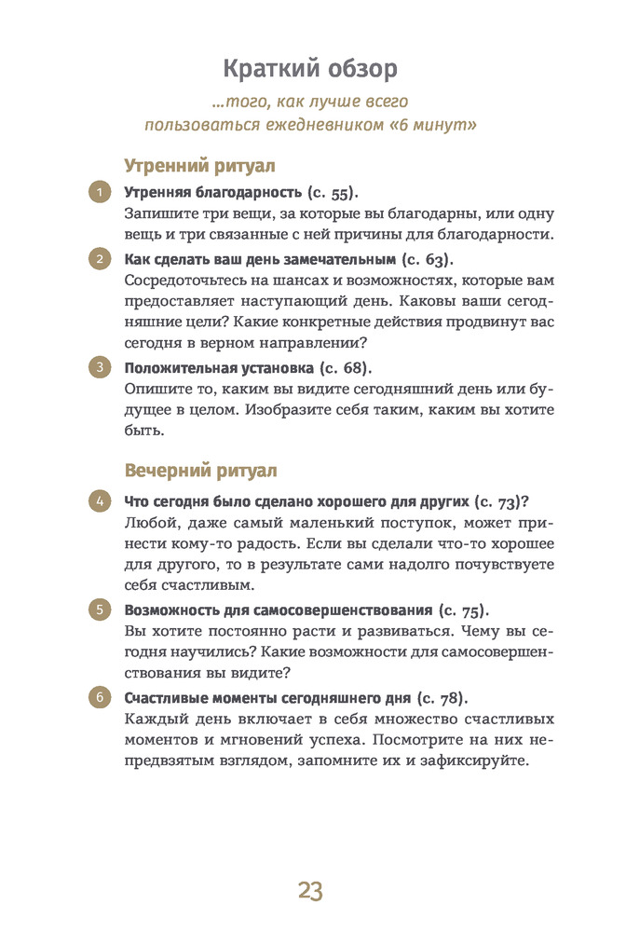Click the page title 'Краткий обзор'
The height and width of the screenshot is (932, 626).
point(310,69)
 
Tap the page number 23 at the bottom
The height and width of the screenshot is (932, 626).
point(310,890)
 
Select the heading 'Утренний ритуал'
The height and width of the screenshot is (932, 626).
point(199,166)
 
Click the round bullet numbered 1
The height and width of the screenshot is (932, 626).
point(99,193)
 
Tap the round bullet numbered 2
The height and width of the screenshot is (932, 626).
point(99,258)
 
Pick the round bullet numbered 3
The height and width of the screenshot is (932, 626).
point(99,366)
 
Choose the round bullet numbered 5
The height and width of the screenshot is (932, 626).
point(99,610)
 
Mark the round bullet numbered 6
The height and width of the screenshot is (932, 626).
point(99,697)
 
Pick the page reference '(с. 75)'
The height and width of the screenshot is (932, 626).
point(462,610)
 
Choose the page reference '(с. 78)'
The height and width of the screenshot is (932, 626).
point(441,698)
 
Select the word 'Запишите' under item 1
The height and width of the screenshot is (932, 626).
point(156,213)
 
